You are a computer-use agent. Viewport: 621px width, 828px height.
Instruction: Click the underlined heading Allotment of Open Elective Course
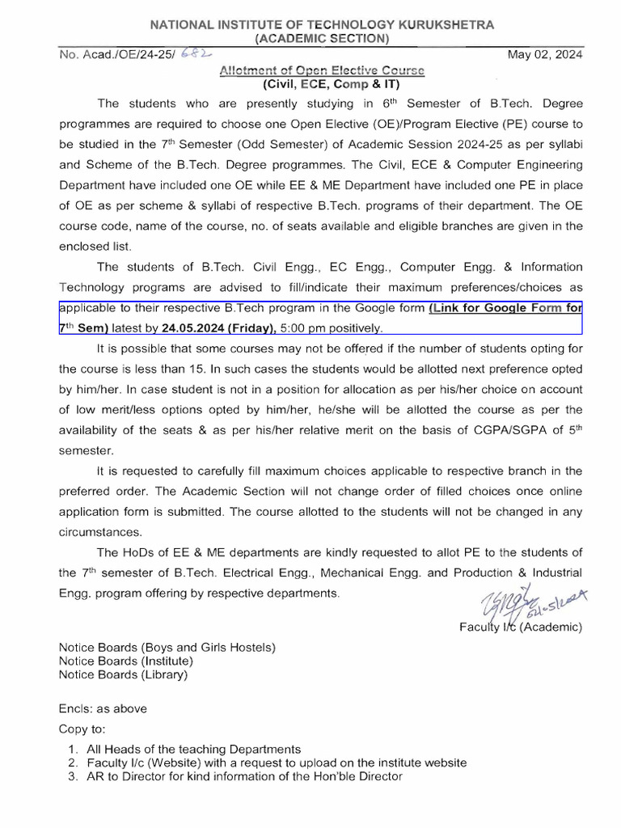coord(322,70)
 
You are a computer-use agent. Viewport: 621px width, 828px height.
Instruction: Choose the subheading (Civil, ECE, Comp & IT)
coord(331,84)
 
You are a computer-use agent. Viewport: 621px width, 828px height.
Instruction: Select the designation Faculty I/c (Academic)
coord(520,627)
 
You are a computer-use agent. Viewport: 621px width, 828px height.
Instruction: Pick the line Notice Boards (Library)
coord(123,674)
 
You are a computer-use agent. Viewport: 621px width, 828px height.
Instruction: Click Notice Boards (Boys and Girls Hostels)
coord(167,648)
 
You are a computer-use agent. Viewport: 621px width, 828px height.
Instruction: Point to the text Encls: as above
coord(103,708)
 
